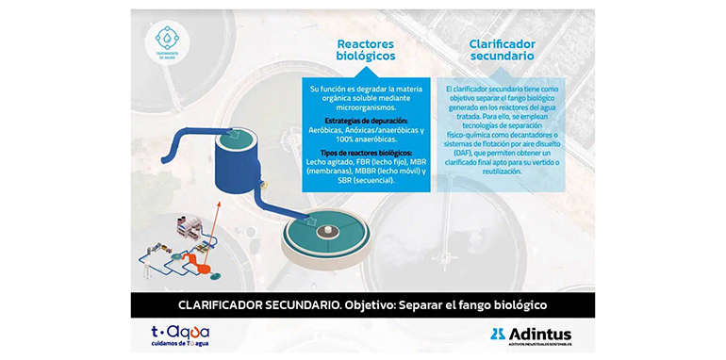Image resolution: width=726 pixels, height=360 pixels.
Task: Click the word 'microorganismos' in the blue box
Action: click(x=367, y=106)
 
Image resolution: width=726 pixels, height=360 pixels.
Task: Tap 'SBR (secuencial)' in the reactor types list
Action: click(x=367, y=181)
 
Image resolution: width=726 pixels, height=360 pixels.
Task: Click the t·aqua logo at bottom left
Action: click(x=180, y=332)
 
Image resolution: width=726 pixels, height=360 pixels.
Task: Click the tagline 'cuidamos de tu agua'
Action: click(x=180, y=344)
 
